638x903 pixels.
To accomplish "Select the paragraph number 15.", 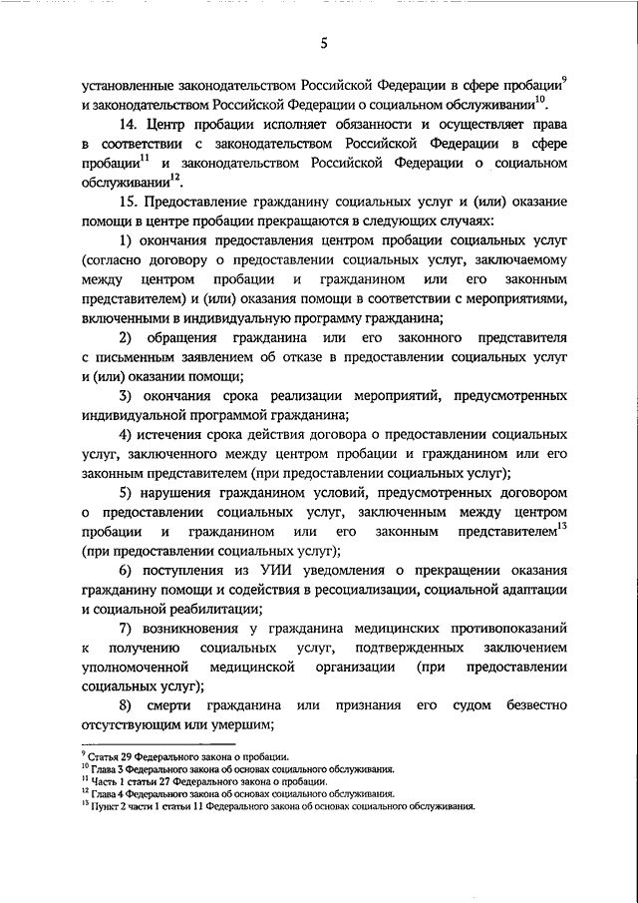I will [x=125, y=202].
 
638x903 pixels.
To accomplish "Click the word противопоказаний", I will [x=505, y=629].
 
